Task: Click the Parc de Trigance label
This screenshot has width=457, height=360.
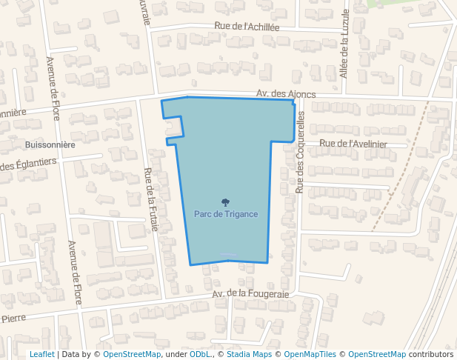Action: click(226, 214)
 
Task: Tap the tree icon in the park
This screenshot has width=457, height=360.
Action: click(225, 201)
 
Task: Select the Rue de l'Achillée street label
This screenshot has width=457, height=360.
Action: click(247, 27)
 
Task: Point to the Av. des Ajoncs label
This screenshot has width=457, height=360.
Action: click(286, 94)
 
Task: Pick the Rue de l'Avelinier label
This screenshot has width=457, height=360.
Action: click(353, 144)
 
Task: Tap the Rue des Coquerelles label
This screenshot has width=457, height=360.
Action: click(300, 153)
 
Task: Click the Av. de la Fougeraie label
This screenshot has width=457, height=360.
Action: click(250, 294)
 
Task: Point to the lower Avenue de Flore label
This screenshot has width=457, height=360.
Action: click(75, 273)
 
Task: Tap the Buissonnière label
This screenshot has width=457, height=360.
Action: click(50, 145)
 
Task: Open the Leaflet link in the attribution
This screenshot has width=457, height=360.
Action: click(41, 354)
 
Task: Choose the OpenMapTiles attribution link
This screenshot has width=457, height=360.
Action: click(310, 354)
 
